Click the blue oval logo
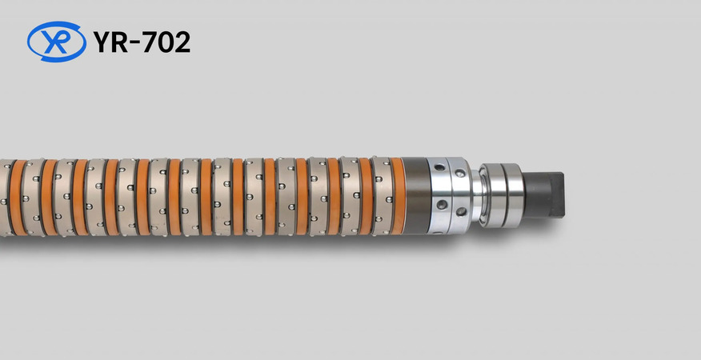point(56,41)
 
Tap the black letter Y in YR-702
point(102,42)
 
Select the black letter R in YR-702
point(119,42)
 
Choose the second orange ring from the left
point(48,197)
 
